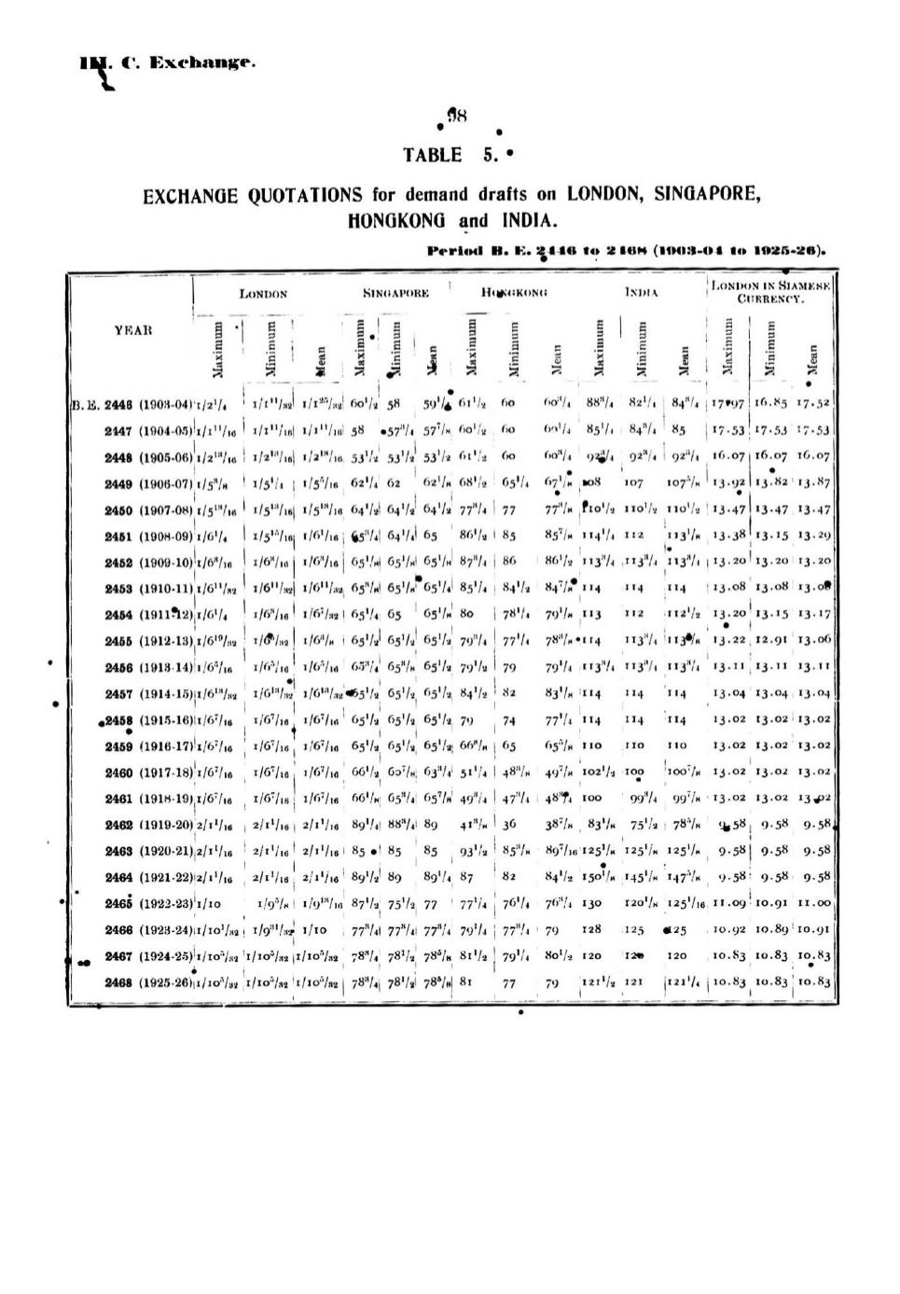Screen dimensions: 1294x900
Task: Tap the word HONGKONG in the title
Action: point(397,221)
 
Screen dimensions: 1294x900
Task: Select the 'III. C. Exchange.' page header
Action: point(167,63)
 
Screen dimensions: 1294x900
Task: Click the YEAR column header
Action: point(133,330)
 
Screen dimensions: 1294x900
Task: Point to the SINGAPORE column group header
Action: point(395,293)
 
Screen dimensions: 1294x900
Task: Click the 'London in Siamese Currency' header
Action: point(770,292)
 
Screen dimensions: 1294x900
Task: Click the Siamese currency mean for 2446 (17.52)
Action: point(813,404)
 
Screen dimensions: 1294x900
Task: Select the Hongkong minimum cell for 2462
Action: point(509,825)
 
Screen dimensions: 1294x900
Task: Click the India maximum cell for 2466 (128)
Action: point(591,930)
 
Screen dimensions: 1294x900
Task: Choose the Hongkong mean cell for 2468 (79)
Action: point(552,982)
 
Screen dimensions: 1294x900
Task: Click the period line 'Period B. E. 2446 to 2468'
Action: point(626,250)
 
